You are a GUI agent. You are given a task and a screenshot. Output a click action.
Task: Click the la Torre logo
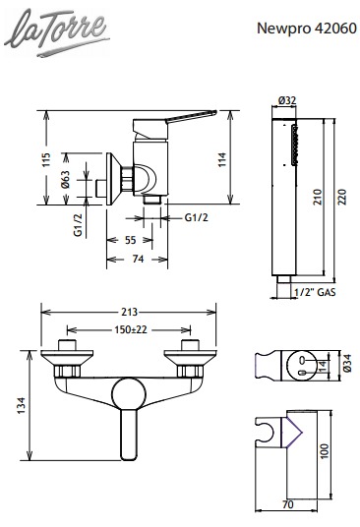[x=56, y=32]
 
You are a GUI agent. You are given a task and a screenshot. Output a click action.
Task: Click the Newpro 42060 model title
[x=307, y=29]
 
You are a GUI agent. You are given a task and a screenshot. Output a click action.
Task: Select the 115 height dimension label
[x=46, y=159]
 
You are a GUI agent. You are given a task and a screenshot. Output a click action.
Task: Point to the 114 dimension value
[x=222, y=160]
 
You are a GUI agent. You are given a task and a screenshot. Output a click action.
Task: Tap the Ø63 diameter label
[x=66, y=180]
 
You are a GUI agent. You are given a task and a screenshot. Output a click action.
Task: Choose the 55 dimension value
[x=131, y=240]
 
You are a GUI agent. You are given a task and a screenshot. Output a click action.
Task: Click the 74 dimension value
[x=138, y=259]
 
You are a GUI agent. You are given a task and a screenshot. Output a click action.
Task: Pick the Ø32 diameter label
[x=287, y=100]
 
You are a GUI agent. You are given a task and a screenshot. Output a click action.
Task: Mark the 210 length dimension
[x=318, y=197]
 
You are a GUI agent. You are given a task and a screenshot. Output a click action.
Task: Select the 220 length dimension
[x=341, y=197]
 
